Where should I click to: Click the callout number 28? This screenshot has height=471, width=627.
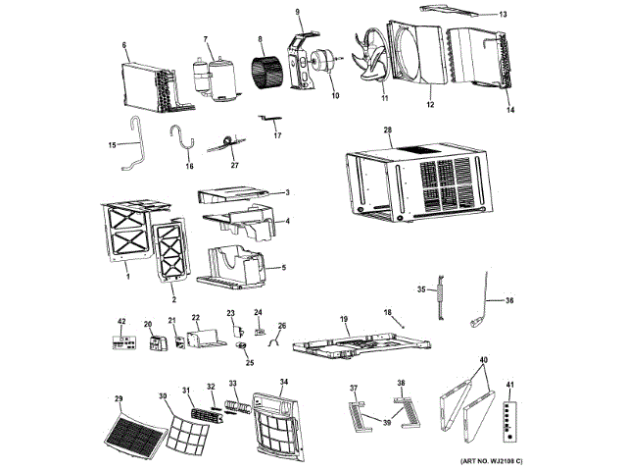(x=388, y=131)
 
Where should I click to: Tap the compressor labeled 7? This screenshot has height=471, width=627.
(x=211, y=78)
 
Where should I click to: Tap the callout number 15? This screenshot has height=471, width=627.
(x=113, y=144)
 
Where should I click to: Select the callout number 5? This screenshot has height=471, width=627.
(x=284, y=268)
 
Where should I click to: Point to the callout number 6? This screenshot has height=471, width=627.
(x=124, y=45)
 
